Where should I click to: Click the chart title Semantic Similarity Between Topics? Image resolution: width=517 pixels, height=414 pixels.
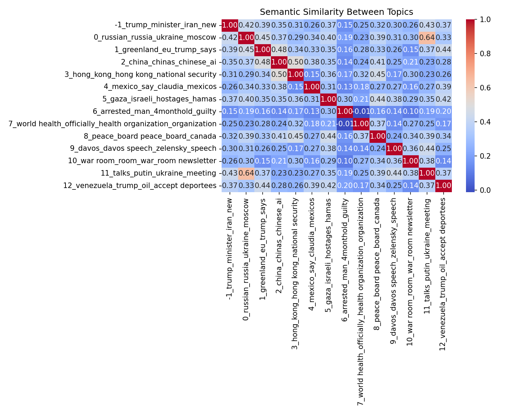pos(336,12)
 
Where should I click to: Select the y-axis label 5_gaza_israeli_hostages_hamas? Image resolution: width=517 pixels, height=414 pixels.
pos(160,99)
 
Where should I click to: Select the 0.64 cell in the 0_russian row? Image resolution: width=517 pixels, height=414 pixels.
pos(427,37)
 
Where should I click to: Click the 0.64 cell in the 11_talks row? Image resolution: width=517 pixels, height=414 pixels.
pos(246,173)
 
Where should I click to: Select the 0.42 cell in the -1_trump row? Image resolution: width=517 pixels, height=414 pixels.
pos(246,25)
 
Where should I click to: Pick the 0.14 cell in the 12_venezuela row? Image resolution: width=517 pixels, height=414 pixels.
pos(410,186)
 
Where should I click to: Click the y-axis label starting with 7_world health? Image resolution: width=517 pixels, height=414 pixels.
pos(112,124)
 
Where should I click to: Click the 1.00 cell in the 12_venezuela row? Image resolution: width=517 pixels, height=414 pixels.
pos(443,186)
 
